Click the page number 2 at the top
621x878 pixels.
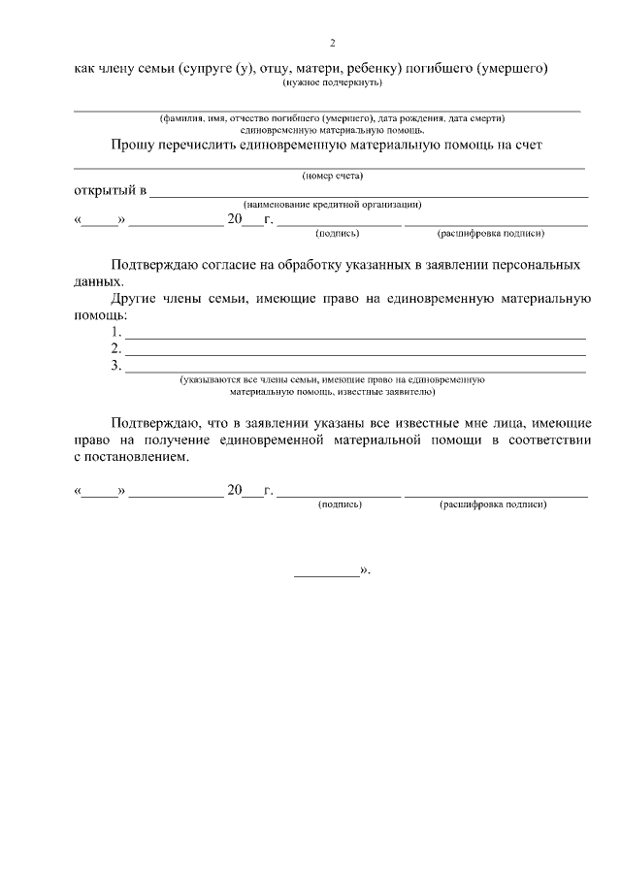(332, 44)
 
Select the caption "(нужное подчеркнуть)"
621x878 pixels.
(332, 82)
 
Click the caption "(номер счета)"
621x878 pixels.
(332, 176)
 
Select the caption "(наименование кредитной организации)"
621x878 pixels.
(332, 205)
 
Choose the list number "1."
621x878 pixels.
(116, 332)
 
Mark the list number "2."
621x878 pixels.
(116, 348)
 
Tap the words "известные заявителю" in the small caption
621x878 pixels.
(388, 393)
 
